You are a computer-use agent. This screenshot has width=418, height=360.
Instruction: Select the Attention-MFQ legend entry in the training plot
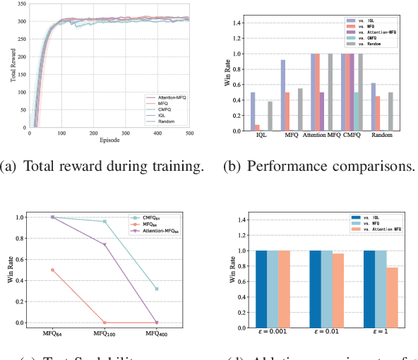point(170,96)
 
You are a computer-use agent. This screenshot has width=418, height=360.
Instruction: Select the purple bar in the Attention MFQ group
point(323,112)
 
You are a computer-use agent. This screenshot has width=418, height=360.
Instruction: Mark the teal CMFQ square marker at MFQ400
point(155,289)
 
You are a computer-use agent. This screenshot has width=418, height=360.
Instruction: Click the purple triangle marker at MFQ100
point(104,244)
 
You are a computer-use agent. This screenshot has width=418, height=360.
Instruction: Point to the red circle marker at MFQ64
point(52,270)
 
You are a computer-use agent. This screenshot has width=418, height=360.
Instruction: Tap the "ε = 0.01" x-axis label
point(328,335)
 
